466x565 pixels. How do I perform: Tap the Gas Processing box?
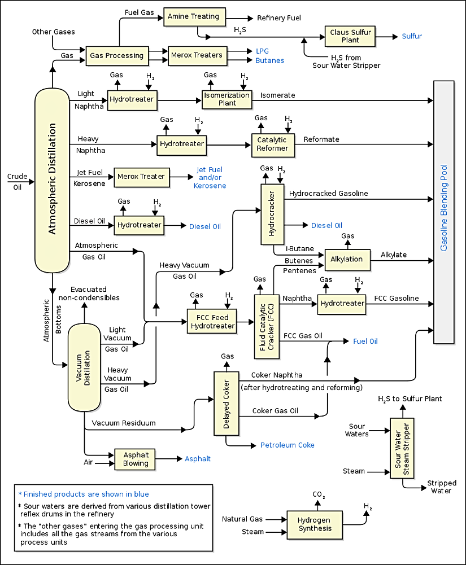116,56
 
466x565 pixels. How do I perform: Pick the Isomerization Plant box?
227,99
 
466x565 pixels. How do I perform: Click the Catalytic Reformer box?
273,144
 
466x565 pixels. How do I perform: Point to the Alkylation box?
347,260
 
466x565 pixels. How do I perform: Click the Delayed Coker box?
226,403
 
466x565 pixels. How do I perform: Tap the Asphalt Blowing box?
136,459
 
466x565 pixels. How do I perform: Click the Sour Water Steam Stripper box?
402,448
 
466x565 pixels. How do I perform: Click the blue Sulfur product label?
412,37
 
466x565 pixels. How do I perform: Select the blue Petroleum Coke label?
288,445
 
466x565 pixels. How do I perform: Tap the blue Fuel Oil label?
365,341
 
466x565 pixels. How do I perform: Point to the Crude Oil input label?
17,182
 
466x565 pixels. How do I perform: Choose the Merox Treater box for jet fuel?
141,177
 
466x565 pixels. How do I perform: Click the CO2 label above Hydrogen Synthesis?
319,496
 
